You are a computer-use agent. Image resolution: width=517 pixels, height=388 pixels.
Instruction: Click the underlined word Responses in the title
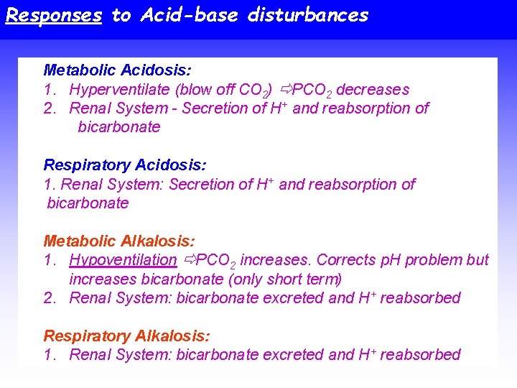(53, 15)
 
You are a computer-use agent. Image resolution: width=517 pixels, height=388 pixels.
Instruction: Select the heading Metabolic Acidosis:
(117, 70)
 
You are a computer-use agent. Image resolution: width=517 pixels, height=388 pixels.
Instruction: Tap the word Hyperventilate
(123, 90)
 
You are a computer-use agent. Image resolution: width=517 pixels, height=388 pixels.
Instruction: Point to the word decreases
(373, 90)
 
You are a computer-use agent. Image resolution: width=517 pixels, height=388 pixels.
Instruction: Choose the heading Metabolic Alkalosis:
(118, 241)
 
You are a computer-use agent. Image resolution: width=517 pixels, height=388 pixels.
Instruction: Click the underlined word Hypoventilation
(123, 260)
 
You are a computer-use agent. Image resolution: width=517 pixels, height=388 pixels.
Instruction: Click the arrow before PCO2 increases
(190, 260)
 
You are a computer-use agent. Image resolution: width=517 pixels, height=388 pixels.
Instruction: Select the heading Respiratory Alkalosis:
(127, 336)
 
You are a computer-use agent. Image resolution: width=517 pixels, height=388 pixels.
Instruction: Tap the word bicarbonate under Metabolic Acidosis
(118, 127)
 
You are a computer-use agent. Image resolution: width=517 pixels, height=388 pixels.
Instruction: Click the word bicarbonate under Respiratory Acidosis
(88, 203)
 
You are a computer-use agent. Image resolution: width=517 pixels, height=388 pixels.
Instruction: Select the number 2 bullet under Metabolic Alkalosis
(49, 297)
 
